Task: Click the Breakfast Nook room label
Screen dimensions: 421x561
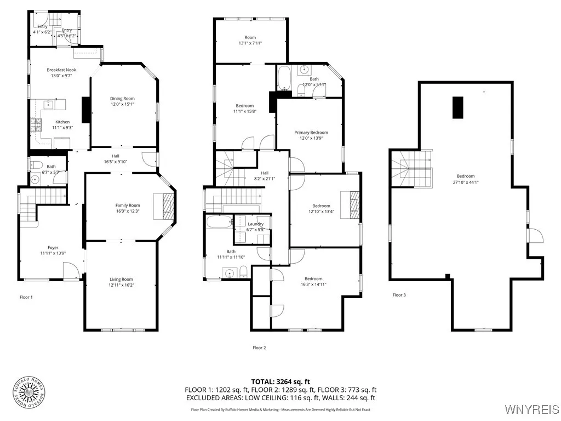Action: (x=61, y=70)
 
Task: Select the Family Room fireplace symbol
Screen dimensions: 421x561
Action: (x=168, y=206)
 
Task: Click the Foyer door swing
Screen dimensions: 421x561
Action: (x=70, y=270)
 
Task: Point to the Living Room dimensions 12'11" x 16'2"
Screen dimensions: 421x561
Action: (x=121, y=285)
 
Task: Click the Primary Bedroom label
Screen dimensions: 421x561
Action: (x=311, y=133)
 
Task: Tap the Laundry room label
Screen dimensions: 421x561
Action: (x=255, y=224)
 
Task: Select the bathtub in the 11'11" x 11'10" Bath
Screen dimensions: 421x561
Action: (x=220, y=221)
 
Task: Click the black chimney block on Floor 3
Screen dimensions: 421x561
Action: (x=457, y=107)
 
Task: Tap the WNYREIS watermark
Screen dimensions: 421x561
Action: (x=531, y=409)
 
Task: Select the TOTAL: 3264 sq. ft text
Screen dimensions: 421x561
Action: (x=280, y=382)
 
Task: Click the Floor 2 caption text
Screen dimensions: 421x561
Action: (x=259, y=348)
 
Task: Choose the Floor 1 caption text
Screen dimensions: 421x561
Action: (x=25, y=297)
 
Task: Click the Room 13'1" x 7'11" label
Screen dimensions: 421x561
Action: (x=250, y=40)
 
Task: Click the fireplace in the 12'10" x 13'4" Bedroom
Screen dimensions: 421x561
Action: (x=350, y=201)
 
